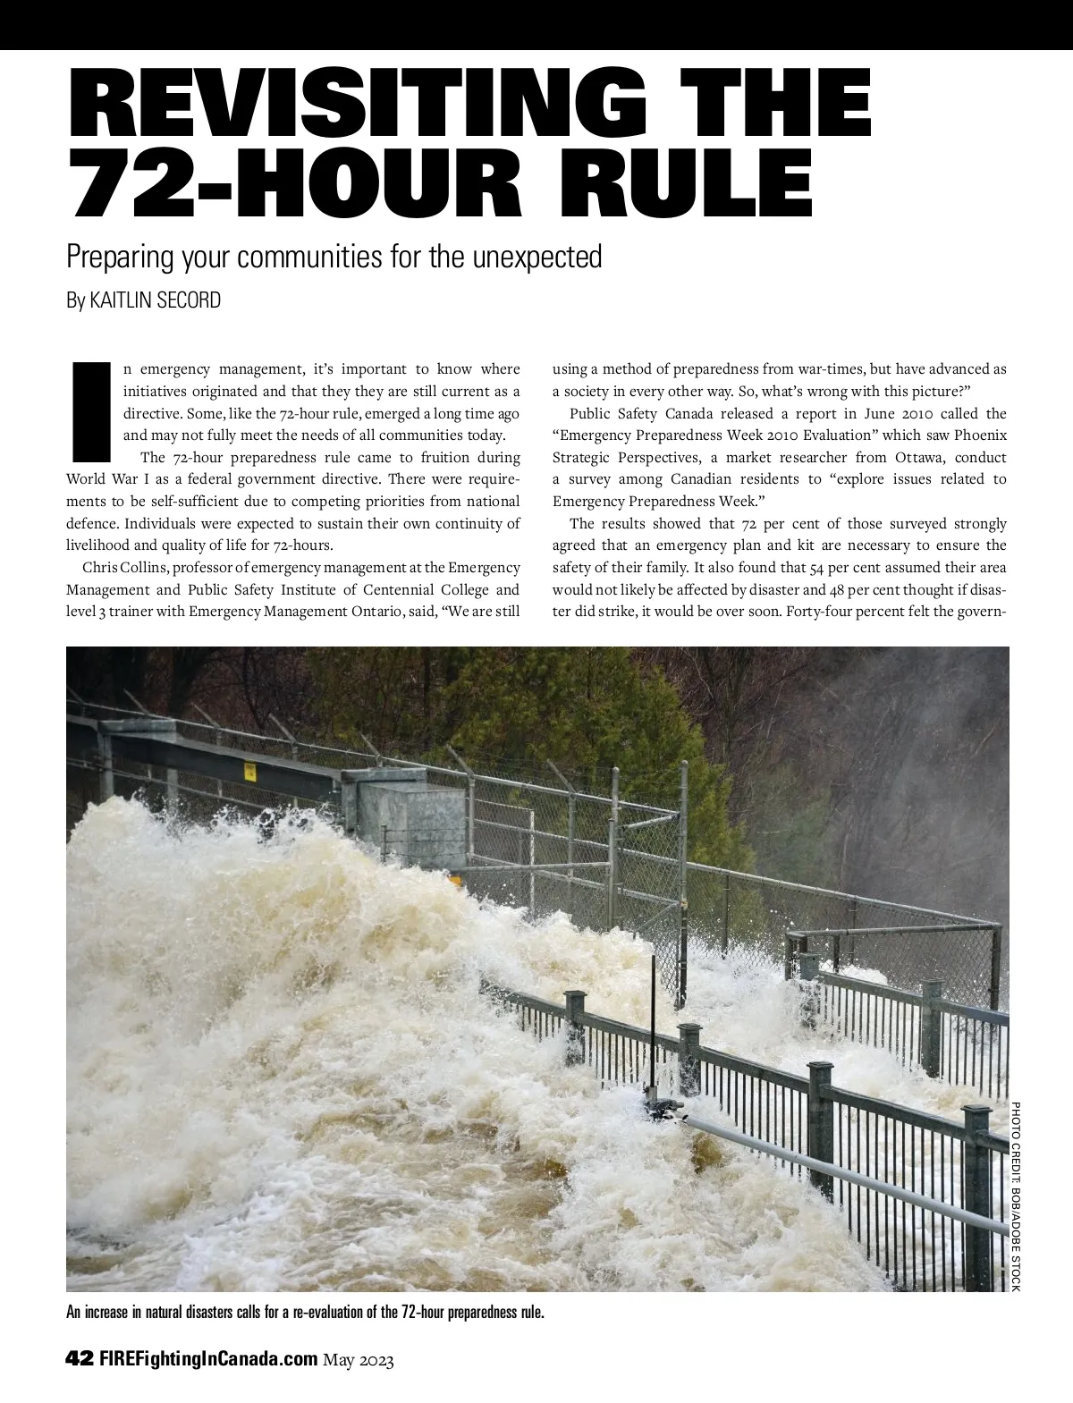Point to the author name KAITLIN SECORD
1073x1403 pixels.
pyautogui.click(x=156, y=300)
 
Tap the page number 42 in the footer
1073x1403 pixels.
pyautogui.click(x=80, y=1359)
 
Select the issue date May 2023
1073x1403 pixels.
pyautogui.click(x=359, y=1360)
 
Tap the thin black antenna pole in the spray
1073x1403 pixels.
pyautogui.click(x=654, y=1028)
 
